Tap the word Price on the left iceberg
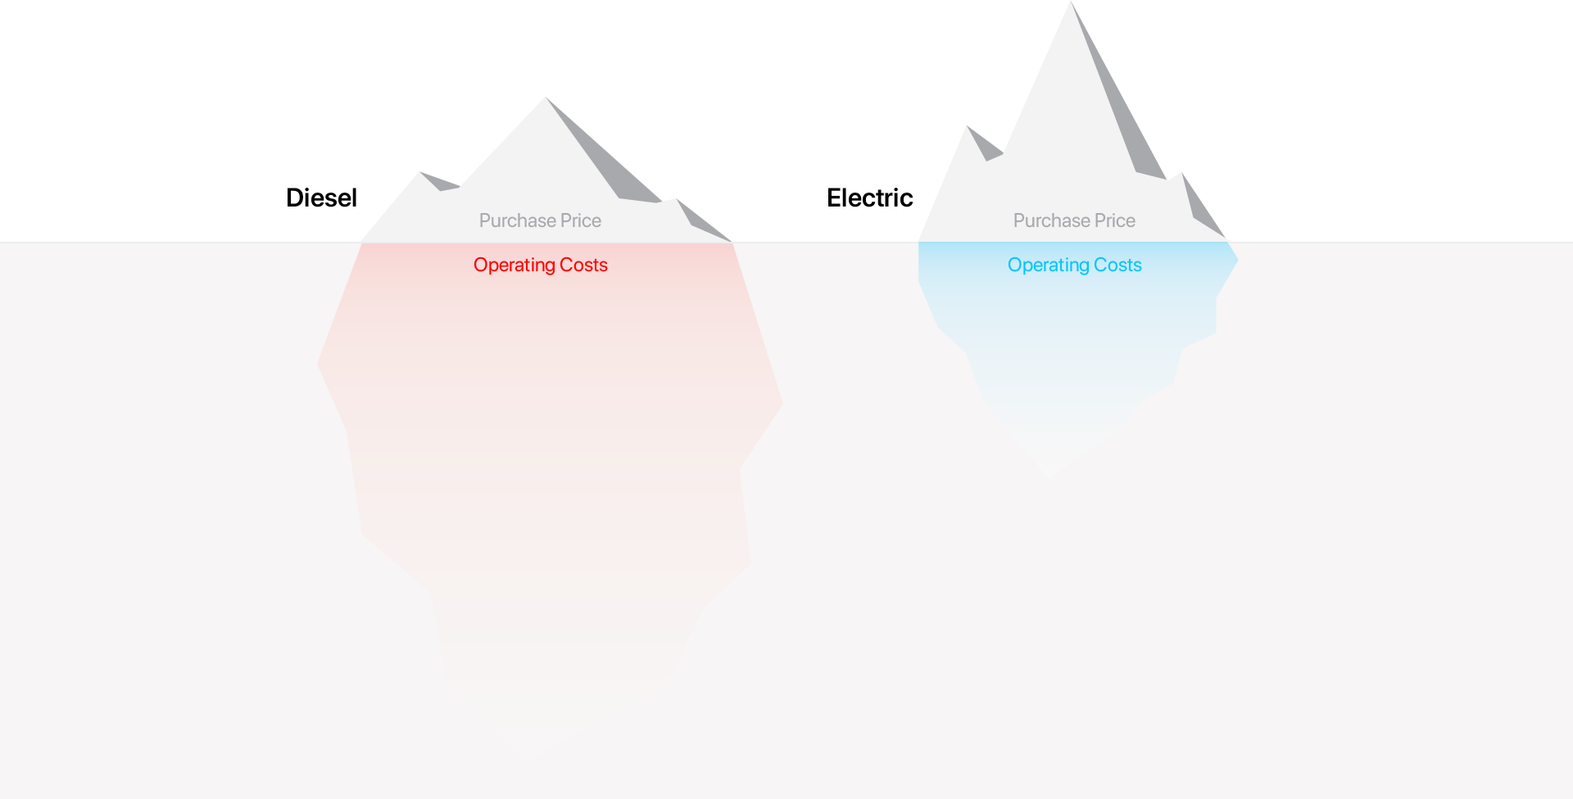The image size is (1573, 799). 581,220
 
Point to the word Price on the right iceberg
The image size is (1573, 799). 1115,220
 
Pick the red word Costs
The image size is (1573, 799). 583,265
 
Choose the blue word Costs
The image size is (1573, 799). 1117,265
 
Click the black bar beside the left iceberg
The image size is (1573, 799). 322,197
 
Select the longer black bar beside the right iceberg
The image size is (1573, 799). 870,197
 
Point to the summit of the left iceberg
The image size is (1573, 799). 546,98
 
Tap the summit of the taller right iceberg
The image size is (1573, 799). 1072,2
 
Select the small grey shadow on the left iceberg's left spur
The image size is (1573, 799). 440,181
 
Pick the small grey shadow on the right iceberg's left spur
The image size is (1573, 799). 986,145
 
